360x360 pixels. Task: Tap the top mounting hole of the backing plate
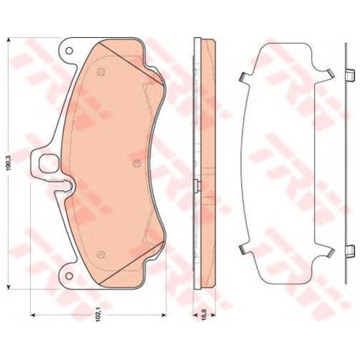69,50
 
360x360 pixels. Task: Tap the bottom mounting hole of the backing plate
69,276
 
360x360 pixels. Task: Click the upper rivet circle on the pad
101,72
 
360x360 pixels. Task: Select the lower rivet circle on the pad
101,254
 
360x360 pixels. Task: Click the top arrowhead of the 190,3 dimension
9,40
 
